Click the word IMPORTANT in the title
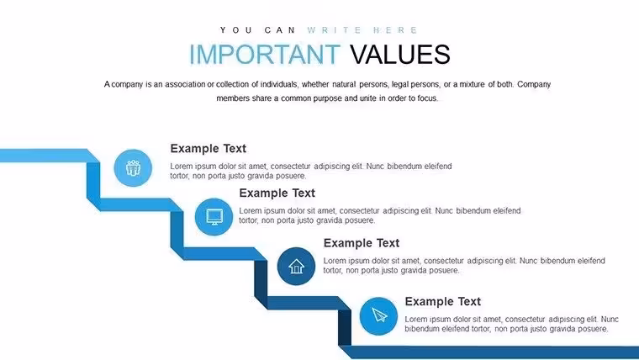265,54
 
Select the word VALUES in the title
400,54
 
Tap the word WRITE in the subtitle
334,30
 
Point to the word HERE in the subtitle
395,30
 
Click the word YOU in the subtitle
236,30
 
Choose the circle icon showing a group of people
133,168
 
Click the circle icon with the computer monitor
214,217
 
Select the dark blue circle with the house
296,267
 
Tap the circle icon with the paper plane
378,316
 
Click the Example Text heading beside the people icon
209,148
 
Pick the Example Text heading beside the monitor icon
277,193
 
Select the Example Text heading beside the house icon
362,243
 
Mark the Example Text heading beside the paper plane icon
443,301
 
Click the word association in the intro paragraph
185,84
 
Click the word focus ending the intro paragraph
427,98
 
